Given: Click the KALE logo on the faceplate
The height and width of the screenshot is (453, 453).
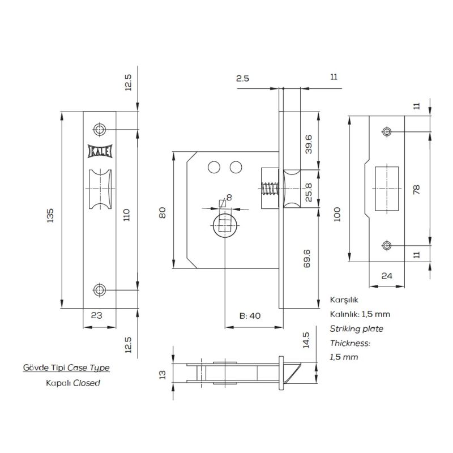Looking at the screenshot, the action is [100, 151].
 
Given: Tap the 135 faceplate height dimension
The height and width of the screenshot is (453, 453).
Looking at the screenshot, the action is [50, 215].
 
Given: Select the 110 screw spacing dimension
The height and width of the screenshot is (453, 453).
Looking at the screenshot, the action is [126, 215].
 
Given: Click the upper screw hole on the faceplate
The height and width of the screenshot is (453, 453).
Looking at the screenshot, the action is [100, 130].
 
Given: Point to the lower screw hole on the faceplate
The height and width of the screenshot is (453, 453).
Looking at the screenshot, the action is [100, 290].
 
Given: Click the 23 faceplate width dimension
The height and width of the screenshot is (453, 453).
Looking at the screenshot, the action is [96, 315].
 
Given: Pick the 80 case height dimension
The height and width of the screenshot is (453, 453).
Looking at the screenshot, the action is [163, 213].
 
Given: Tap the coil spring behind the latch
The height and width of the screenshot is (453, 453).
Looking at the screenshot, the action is [270, 189].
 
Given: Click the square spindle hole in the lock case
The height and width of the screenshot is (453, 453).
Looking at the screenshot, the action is [225, 225].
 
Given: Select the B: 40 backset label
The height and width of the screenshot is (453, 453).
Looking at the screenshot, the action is [250, 316].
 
